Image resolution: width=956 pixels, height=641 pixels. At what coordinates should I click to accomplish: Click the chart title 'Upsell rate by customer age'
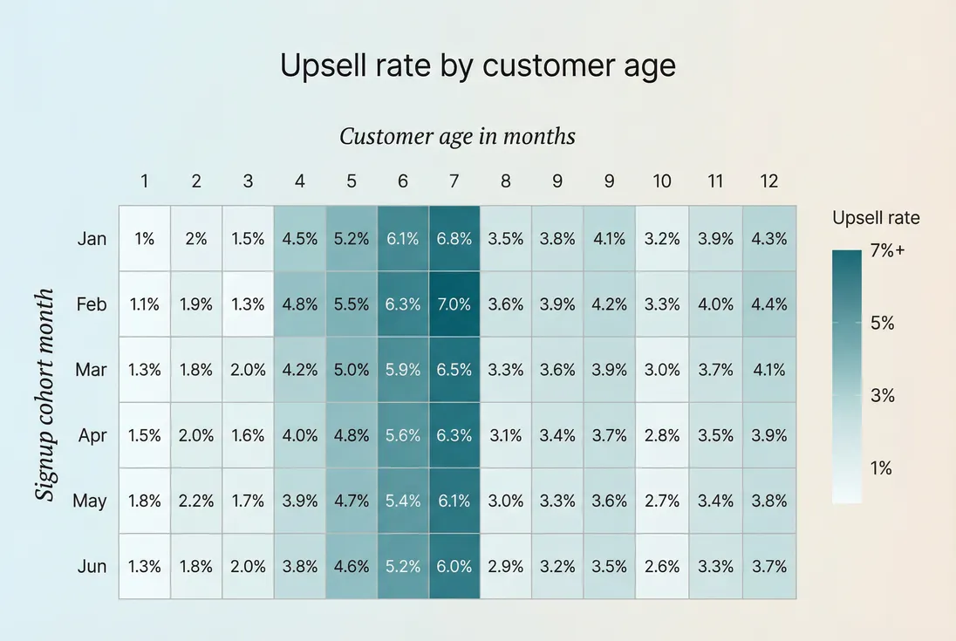(477, 66)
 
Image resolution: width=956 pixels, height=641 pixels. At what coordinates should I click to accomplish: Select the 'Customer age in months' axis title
(457, 137)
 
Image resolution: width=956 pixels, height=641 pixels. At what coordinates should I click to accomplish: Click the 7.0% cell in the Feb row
(454, 304)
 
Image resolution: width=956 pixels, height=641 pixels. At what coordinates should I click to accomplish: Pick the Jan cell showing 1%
(144, 239)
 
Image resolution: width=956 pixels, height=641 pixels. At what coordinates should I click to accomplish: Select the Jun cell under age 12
(768, 566)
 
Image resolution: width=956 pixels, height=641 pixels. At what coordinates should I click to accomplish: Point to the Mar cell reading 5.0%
(351, 370)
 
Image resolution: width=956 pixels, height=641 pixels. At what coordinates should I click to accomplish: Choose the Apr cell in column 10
(662, 435)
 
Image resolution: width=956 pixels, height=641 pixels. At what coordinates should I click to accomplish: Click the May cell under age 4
(300, 501)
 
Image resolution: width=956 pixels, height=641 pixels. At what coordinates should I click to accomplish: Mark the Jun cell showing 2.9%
(506, 566)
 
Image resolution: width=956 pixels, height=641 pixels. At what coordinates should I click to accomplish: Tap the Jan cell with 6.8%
(454, 239)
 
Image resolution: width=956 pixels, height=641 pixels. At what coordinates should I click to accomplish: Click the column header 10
(662, 181)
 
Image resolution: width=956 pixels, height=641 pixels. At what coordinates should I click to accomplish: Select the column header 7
(454, 181)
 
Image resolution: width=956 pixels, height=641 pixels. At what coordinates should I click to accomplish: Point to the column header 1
(144, 181)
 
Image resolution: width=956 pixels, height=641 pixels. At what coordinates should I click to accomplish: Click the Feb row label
(92, 304)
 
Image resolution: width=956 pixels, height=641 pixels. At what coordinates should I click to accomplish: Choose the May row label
(90, 501)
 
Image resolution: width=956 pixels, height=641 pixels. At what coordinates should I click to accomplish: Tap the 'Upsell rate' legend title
(876, 218)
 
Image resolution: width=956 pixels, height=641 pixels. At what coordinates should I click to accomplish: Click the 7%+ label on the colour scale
(888, 251)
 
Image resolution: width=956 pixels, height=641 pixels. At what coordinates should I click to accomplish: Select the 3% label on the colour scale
(883, 396)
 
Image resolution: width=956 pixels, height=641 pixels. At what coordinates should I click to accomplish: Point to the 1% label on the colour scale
(881, 468)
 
